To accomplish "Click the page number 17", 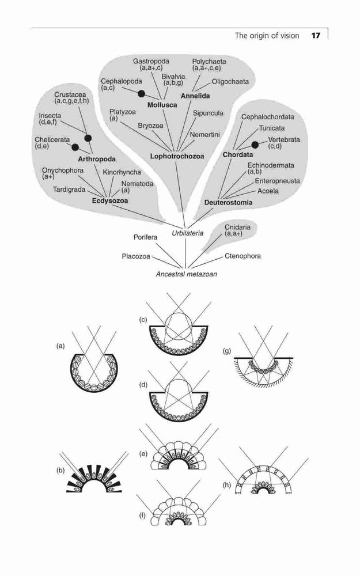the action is coord(316,36).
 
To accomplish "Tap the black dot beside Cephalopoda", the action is coord(142,94).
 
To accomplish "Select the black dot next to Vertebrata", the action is coord(255,145).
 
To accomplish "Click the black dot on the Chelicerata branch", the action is coord(75,147).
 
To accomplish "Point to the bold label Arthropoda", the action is coord(97,159).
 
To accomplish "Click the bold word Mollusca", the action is coord(162,105).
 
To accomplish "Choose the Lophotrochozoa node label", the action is coord(177,157).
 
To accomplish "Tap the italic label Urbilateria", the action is coord(188,233).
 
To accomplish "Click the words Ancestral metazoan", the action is coord(186,274).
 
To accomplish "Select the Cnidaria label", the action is coord(237,227).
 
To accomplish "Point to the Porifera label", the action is coord(146,237).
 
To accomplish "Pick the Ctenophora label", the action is coord(243,256).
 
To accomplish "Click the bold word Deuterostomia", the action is coord(229,202).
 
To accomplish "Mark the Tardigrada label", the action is coord(69,190).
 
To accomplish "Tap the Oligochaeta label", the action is coord(230,82).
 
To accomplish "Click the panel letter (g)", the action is coord(227,351).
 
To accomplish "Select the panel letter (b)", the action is coord(60,470).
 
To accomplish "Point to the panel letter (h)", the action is coord(227,485).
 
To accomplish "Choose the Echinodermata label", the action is coord(271,165).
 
